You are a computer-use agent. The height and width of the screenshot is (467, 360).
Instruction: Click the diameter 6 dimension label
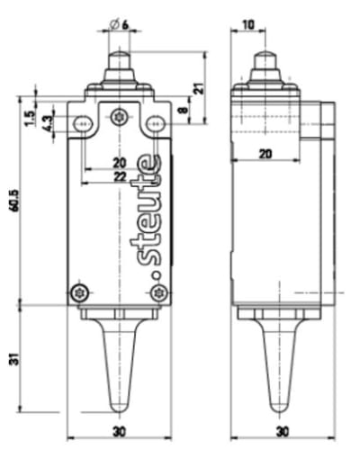(120, 24)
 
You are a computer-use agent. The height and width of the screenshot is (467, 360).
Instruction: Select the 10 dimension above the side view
(247, 24)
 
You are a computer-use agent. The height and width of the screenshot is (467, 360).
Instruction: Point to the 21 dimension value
(198, 87)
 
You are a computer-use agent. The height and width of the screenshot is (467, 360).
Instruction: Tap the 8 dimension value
(184, 111)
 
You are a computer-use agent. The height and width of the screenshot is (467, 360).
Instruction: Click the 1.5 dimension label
(30, 119)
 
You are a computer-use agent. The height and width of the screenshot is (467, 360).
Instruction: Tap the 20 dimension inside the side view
(265, 154)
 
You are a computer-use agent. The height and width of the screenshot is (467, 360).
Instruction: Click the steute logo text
(148, 216)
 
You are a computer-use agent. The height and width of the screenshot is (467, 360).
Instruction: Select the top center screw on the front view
(120, 116)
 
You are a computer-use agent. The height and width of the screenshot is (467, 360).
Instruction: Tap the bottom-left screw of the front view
(80, 292)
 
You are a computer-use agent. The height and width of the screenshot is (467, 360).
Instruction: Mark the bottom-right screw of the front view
(159, 292)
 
